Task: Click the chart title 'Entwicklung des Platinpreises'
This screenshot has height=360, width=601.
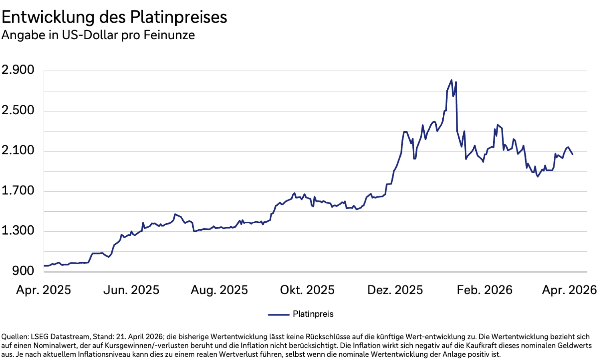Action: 114,17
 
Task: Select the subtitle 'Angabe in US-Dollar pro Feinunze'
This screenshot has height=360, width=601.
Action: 98,35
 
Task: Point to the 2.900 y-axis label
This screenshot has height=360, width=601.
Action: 18,70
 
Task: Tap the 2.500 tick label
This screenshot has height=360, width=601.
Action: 18,110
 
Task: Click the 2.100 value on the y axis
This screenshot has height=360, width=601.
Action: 18,150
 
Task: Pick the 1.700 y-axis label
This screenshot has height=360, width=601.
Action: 18,190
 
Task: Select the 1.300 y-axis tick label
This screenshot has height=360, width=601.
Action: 18,231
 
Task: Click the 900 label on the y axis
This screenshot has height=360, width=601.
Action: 23,271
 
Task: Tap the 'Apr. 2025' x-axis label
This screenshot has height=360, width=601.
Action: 43,290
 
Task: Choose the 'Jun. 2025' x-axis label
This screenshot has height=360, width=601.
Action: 131,290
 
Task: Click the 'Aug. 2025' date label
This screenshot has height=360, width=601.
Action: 219,290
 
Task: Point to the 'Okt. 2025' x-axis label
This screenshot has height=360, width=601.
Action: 307,290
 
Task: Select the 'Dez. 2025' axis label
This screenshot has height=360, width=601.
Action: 395,290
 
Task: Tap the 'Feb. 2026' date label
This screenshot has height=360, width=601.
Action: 484,290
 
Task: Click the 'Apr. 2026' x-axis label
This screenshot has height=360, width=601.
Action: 569,290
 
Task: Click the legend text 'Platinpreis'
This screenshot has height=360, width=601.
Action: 313,314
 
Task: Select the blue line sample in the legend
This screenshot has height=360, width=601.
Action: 278,315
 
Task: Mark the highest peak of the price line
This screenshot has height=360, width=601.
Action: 452,80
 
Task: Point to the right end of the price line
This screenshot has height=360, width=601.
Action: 573,154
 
